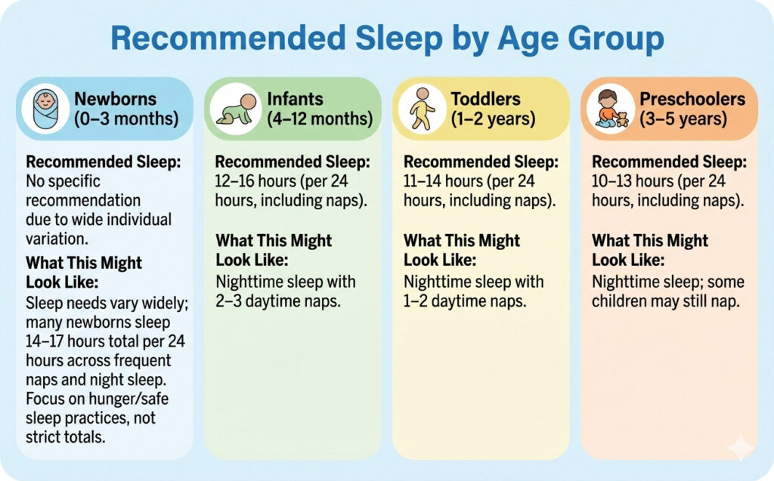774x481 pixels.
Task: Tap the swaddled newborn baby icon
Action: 46,108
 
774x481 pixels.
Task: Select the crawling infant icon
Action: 234,108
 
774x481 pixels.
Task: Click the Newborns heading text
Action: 115,99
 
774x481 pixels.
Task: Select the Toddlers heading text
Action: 485,99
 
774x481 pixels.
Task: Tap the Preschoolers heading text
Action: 692,99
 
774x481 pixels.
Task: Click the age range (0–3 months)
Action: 125,119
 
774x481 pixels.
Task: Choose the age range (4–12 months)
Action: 320,119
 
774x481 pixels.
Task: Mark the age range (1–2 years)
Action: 493,119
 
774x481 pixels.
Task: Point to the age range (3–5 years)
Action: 683,119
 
